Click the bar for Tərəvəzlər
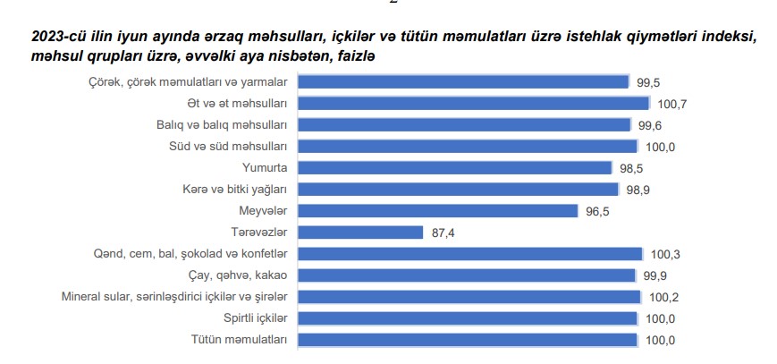click(x=359, y=233)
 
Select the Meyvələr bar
click(x=437, y=211)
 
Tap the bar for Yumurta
click(x=454, y=168)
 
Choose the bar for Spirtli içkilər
click(x=467, y=318)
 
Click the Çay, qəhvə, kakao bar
click(x=466, y=275)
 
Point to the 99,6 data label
click(x=648, y=126)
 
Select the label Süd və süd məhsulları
click(x=228, y=147)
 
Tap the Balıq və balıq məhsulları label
click(x=221, y=125)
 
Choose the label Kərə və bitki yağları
click(x=233, y=190)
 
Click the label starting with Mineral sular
click(x=173, y=297)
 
